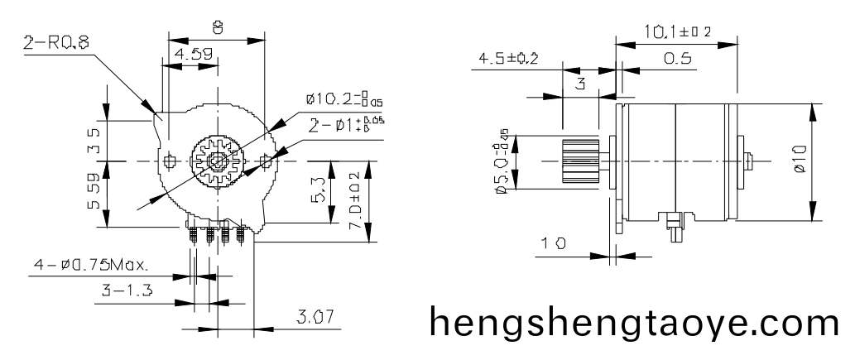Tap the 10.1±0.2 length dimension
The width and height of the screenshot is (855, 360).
(677, 32)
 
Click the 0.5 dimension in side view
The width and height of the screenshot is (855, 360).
(676, 60)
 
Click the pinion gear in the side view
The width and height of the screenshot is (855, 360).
(580, 161)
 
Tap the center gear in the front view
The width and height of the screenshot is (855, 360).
(216, 159)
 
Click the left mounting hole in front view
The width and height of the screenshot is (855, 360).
(171, 159)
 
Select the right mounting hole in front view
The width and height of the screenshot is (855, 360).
(265, 159)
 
